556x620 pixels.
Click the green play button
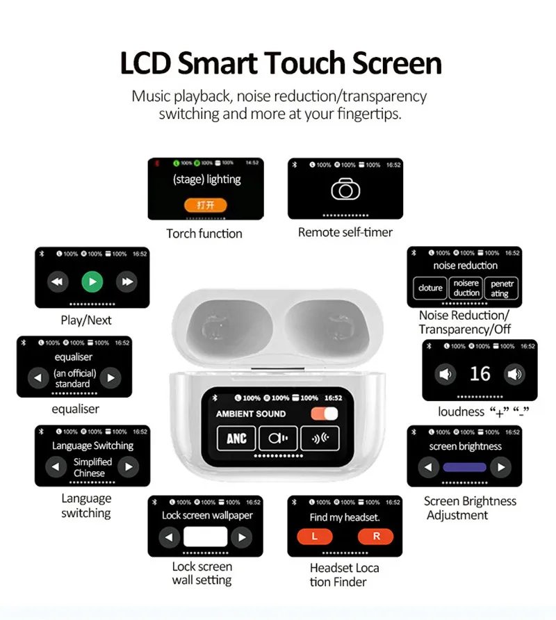tap(92, 282)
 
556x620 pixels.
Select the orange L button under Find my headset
tap(315, 537)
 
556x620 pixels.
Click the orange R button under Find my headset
tap(375, 537)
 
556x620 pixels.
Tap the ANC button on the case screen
tap(236, 438)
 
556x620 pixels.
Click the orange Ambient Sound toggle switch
tap(325, 414)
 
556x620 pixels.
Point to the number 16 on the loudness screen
tap(480, 374)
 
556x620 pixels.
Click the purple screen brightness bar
tap(465, 467)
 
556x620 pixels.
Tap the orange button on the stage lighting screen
tap(205, 205)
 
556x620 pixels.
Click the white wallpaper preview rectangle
tap(205, 537)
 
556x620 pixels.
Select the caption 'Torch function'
tap(204, 234)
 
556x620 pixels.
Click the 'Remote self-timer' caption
tap(345, 232)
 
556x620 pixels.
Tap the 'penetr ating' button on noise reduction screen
tap(500, 288)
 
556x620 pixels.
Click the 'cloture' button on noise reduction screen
tap(430, 288)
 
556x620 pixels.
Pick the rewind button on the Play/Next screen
tap(58, 282)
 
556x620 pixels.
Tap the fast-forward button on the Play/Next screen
tap(126, 282)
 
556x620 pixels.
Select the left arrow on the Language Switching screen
tap(56, 466)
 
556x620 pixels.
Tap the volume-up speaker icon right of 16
tap(514, 375)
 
